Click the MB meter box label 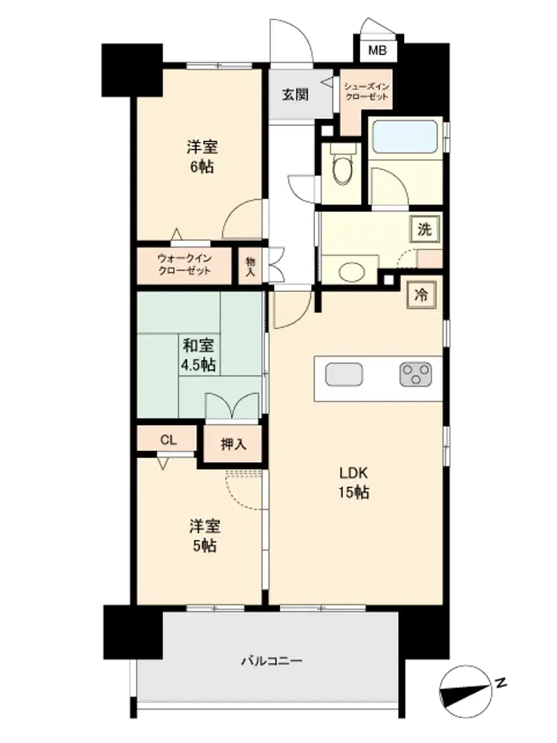coord(377,51)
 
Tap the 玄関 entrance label coord(295,95)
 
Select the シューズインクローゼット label coord(367,91)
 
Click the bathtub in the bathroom coord(405,137)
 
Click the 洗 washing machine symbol coord(424,230)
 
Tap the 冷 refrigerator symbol coord(420,295)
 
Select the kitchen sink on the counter coord(344,374)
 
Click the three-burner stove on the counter coord(415,374)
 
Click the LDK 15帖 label coord(354,482)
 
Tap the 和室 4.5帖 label coord(198,355)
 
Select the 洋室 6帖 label coord(202,157)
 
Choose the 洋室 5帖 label coord(205,536)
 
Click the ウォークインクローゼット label coord(184,265)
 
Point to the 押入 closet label coord(233,444)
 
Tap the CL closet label coord(168,440)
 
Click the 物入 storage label coord(250,266)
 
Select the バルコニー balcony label coord(272,661)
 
